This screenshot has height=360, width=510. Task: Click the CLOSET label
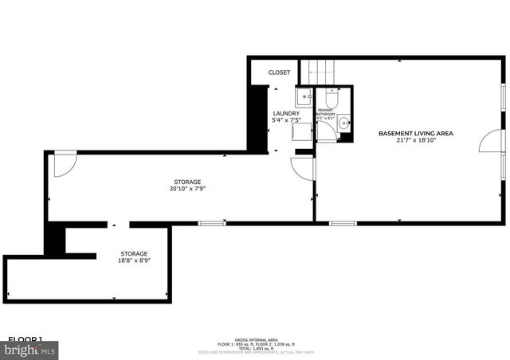pos(279,72)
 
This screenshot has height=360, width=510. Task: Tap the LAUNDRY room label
pos(286,113)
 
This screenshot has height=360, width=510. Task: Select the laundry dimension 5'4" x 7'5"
pos(286,120)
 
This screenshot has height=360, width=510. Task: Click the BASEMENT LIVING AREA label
pos(415,133)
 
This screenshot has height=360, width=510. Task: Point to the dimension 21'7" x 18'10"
pos(415,140)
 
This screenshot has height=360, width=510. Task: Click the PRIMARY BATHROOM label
pos(326,112)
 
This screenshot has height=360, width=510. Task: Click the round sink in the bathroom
pos(343,123)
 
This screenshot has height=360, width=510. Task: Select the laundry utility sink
pos(304,98)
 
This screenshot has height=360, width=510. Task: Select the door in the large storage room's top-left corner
pos(64,163)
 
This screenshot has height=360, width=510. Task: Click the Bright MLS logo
pos(29,349)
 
